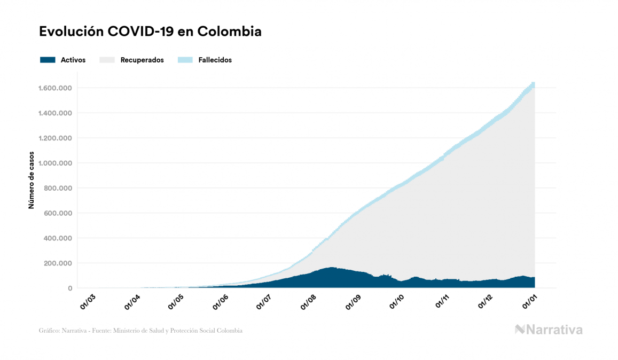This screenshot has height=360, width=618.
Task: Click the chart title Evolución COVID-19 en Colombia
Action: coord(150,32)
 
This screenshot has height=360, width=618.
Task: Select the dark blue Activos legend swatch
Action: coord(48,60)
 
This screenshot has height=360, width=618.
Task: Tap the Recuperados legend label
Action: coord(142,60)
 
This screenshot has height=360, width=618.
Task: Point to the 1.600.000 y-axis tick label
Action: coord(56,88)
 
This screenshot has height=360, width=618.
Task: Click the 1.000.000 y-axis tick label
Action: coord(56,163)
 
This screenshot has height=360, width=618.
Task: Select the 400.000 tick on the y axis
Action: coord(59,238)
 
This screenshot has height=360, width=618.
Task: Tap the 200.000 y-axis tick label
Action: coord(59,263)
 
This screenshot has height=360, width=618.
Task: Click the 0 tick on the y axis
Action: coord(70,288)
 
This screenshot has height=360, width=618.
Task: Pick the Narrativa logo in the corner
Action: coord(549,330)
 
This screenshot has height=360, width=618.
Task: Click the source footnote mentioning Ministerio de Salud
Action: coord(141,331)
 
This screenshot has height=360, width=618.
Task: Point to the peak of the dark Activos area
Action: coord(332,268)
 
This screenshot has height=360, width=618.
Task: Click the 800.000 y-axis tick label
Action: coord(59,188)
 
